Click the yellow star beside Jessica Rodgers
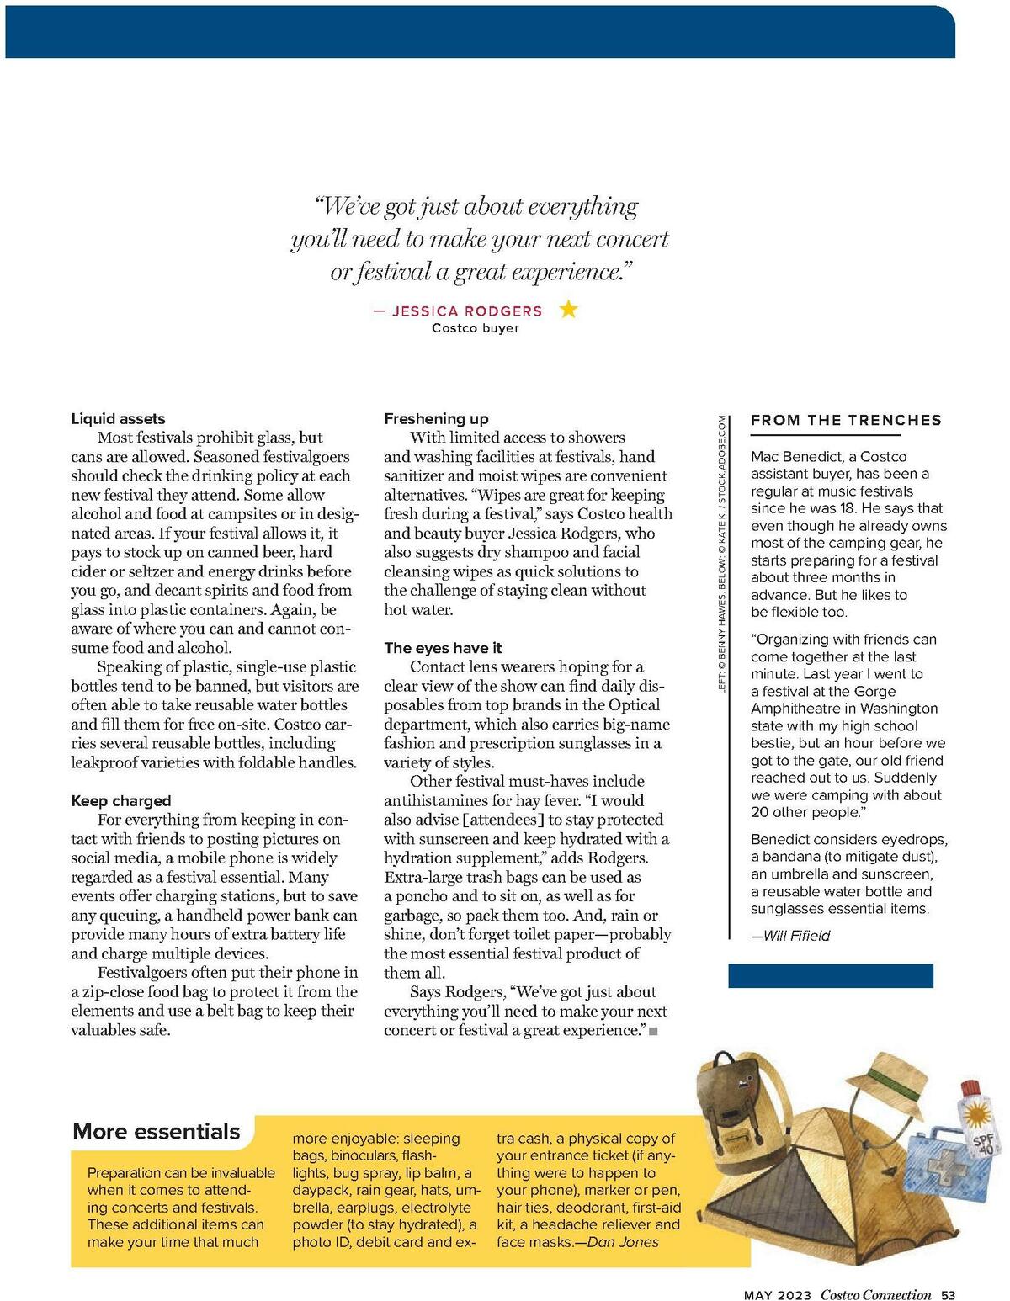pos(569,310)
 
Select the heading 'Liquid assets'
pos(118,418)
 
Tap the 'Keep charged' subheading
pos(120,800)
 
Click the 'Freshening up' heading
pos(436,418)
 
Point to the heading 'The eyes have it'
pos(443,647)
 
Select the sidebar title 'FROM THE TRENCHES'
pos(846,420)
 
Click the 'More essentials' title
pos(157,1131)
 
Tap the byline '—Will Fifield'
pos(790,936)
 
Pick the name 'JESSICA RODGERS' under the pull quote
pos(467,311)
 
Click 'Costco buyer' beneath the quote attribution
pos(476,328)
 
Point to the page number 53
pos(949,1295)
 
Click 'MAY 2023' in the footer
pos(777,1295)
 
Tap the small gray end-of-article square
pos(653,1031)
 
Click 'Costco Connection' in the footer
pos(875,1295)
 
